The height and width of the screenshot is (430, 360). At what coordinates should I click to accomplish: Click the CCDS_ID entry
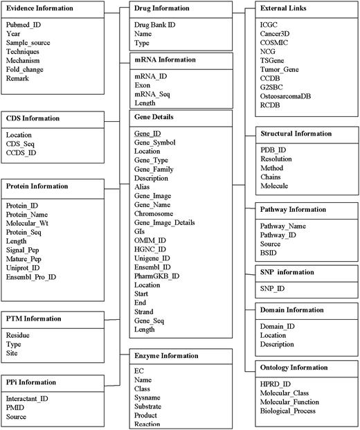click(x=22, y=152)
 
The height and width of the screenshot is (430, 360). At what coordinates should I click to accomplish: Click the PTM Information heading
click(x=35, y=319)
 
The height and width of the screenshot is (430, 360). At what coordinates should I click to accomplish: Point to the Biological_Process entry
click(x=289, y=411)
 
